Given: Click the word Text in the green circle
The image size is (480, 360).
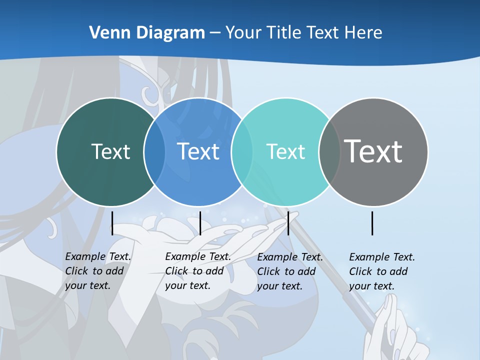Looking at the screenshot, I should tap(110, 151).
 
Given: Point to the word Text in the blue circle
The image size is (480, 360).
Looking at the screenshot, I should tap(198, 151).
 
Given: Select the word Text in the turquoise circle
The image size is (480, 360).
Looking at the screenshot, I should tap(285, 151).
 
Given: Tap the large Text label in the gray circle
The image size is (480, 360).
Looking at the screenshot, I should tap(373, 151).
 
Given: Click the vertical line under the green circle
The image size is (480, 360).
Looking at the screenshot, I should tap(112, 223).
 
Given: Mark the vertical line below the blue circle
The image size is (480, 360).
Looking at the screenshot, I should tap(200, 223).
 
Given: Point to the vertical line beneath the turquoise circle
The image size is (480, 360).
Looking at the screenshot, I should tap(288, 223).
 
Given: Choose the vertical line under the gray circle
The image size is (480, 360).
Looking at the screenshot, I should tap(372, 223).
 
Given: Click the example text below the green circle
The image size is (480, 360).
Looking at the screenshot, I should tap(97, 271).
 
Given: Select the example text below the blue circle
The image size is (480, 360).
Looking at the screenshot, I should tap(197, 271).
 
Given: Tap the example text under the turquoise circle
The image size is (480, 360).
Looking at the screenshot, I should tap(289, 271).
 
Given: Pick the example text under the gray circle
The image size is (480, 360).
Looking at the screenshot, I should tap(381, 271).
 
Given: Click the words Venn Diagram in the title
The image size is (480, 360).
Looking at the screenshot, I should tap(147, 32).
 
